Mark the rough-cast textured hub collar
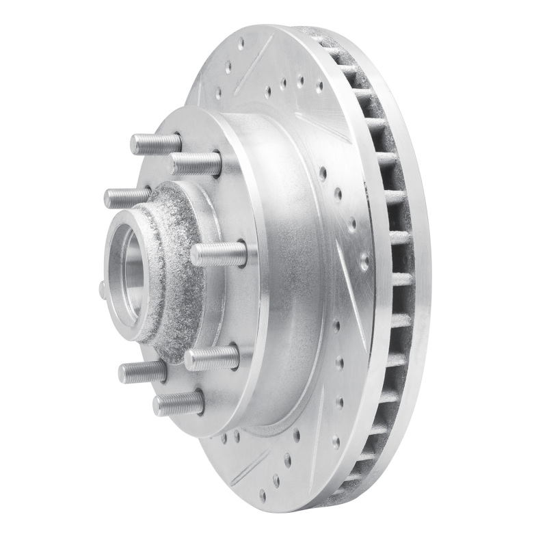coord(174,273)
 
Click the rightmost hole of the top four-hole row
coord(319,87)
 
